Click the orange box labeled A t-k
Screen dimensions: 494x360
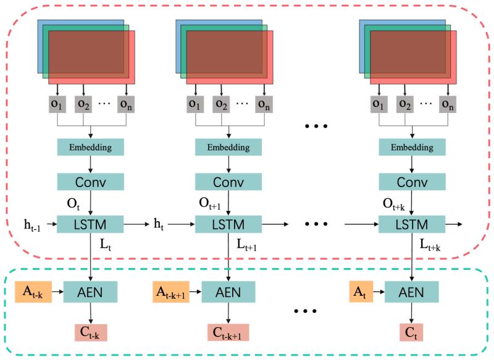point(33,292)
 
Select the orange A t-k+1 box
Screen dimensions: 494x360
point(171,292)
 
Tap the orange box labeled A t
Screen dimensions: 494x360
point(361,291)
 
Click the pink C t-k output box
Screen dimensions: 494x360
point(91,333)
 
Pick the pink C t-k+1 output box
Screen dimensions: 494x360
point(228,332)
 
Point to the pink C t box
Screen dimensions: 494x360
point(411,332)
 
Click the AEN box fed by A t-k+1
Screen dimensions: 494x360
point(228,292)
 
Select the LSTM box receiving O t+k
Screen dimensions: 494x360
point(412,224)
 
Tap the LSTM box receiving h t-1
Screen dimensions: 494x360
point(90,224)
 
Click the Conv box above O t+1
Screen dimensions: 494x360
point(228,182)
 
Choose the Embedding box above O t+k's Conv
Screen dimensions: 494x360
point(412,147)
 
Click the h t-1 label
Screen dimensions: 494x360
point(33,225)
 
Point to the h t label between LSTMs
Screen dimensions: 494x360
point(159,224)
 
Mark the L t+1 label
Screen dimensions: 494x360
point(246,245)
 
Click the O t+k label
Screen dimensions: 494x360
point(394,204)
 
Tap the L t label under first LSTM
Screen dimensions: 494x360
point(106,245)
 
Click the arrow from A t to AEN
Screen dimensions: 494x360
point(379,291)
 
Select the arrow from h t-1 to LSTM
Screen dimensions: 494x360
point(52,224)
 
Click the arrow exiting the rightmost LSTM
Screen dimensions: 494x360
point(454,224)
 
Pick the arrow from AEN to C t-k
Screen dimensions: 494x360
point(90,314)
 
